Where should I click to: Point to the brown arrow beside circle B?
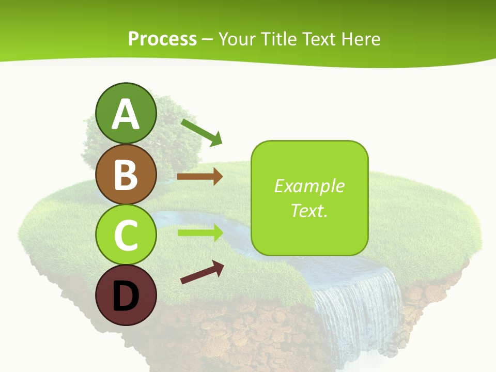click(x=200, y=177)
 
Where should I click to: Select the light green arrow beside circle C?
click(x=200, y=233)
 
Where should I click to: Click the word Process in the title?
click(x=162, y=39)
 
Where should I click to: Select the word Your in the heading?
click(x=238, y=39)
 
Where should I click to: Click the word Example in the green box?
click(x=309, y=186)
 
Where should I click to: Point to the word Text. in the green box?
click(x=309, y=210)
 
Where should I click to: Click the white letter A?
click(x=126, y=115)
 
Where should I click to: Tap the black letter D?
click(x=126, y=296)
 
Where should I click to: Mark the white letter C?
click(x=126, y=235)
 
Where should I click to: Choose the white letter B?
click(x=126, y=175)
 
